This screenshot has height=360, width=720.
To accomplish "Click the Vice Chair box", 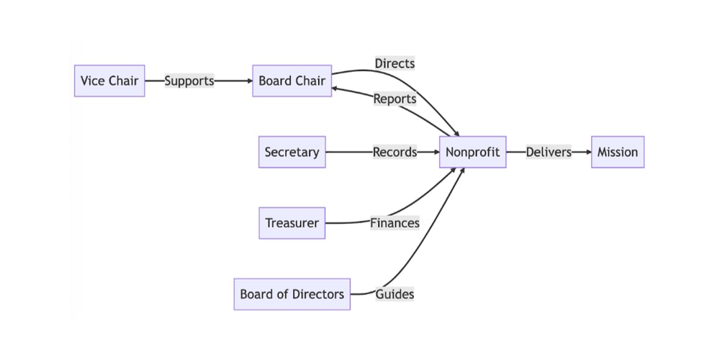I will tap(109, 81).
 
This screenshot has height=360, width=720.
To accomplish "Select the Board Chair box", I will tap(292, 81).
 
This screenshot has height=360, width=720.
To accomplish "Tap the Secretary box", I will tap(292, 152).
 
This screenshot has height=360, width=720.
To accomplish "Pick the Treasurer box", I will tap(292, 223).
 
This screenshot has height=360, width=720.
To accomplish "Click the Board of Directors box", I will tap(292, 294).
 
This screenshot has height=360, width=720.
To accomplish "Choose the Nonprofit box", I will tap(472, 152).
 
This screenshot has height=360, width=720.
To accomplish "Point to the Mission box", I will tap(617, 152).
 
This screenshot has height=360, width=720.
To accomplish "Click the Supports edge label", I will tap(189, 81).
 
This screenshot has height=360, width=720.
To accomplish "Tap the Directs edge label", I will tap(395, 63).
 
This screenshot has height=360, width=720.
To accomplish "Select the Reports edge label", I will tap(395, 99).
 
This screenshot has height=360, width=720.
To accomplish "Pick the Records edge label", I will tap(395, 152).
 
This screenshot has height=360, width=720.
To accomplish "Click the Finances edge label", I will tap(395, 223).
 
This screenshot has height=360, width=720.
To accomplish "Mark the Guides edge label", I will tap(395, 294).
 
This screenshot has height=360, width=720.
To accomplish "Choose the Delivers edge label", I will tap(549, 152).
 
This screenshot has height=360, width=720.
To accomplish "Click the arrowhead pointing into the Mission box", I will tap(587, 152).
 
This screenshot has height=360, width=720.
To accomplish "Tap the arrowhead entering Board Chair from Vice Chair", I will tap(248, 81).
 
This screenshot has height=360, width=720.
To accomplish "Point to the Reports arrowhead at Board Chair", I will tap(337, 89).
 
